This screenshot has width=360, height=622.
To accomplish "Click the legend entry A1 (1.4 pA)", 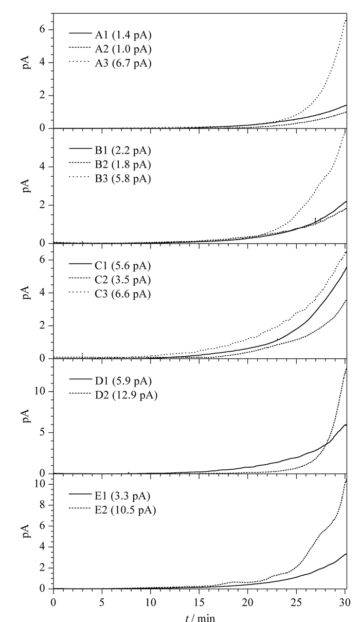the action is pyautogui.click(x=123, y=35).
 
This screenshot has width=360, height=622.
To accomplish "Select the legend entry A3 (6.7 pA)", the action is pyautogui.click(x=123, y=63).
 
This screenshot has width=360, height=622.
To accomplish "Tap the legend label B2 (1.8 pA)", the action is pyautogui.click(x=123, y=164).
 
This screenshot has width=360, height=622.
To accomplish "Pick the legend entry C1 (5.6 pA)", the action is pyautogui.click(x=123, y=266).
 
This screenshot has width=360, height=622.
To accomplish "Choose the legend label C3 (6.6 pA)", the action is pyautogui.click(x=123, y=294).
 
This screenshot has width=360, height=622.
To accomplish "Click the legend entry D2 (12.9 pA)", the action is pyautogui.click(x=127, y=395).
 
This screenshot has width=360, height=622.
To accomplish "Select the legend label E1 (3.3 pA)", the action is pyautogui.click(x=122, y=496).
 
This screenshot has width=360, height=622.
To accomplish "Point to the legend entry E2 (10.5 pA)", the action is pyautogui.click(x=125, y=510).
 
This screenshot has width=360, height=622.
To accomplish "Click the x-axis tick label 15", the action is pyautogui.click(x=199, y=602).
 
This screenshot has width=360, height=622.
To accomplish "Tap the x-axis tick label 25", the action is pyautogui.click(x=296, y=602).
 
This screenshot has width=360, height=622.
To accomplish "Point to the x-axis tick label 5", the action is pyautogui.click(x=102, y=602).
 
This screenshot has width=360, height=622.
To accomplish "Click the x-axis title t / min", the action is pyautogui.click(x=200, y=617).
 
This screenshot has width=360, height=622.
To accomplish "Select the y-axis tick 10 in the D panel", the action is pyautogui.click(x=40, y=391).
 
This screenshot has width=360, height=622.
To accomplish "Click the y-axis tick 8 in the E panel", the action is pyautogui.click(x=42, y=505).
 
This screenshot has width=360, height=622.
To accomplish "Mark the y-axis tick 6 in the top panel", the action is pyautogui.click(x=42, y=29).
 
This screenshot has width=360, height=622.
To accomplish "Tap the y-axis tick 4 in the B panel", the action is pyautogui.click(x=42, y=167).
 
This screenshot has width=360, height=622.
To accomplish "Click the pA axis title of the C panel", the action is pyautogui.click(x=26, y=292).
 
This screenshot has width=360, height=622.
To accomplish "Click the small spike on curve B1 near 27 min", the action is pyautogui.click(x=315, y=219).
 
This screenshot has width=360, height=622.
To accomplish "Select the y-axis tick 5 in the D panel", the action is pyautogui.click(x=42, y=432).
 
